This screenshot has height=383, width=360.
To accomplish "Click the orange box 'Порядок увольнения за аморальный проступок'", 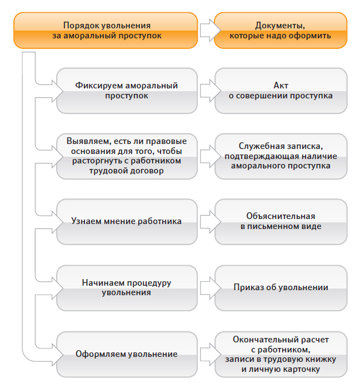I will pos(106,31).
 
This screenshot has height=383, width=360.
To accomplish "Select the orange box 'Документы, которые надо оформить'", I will pos(281,31).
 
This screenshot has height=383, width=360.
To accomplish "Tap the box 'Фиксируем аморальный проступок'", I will pos(127,91).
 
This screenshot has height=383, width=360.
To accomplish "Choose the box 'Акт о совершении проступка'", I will pos(281,91).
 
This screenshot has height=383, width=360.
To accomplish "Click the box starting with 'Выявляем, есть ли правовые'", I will pos(127,156).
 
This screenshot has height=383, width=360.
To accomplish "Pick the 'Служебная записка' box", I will pos(281,156).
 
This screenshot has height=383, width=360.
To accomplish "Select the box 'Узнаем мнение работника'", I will pos(127,221).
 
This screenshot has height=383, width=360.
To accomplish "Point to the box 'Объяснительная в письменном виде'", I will pos(281,221).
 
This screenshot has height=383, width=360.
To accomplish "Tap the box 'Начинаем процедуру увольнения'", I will pos(127,287).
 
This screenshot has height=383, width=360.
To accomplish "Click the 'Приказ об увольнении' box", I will pos(281,287).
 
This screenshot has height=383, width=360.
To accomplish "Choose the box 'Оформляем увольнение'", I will pos(127,354).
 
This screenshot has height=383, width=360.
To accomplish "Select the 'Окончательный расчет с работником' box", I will pos(281,354).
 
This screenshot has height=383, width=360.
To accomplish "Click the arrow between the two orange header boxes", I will pos(206,31).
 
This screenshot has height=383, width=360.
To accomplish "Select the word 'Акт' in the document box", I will pos(281,86).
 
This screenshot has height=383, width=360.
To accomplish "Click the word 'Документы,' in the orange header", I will pos(281,26).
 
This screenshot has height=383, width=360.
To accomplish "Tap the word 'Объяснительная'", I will pos(281,216).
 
